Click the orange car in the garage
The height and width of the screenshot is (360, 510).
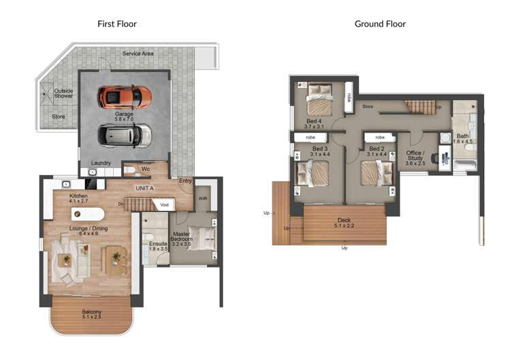pos(124,97)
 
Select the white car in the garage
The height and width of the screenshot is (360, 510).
pos(124,135)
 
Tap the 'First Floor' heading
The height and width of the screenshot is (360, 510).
pos(116,24)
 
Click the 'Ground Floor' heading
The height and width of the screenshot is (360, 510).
pos(380,24)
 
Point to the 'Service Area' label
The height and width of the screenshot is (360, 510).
pos(138,54)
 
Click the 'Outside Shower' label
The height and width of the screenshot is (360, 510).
pos(63,93)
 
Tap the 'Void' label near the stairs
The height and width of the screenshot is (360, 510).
pos(164,204)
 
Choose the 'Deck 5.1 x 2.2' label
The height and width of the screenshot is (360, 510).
pos(344,223)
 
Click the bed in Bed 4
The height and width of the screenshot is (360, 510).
pos(319,100)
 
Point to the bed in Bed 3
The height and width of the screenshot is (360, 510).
pos(312,173)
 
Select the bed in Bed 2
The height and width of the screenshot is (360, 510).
pos(377,173)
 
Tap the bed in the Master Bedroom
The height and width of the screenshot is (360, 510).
pos(203,238)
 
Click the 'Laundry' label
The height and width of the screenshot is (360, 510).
pos(101,163)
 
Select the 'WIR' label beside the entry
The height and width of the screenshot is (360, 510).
pos(202,199)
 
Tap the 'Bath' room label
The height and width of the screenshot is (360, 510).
pos(462,139)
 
